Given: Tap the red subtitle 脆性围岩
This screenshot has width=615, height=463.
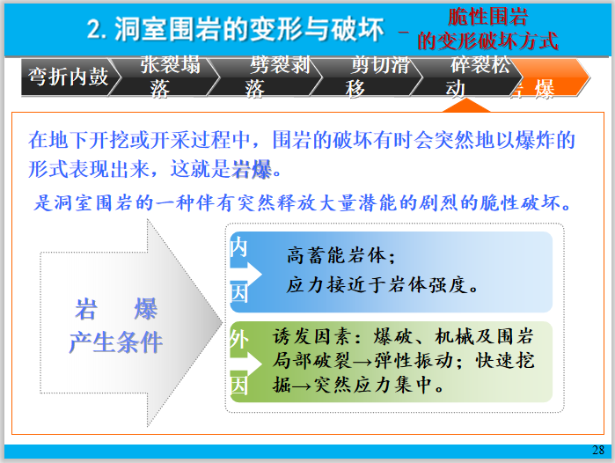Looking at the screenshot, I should point(487,16).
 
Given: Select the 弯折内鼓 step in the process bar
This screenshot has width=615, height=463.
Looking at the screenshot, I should point(68,77).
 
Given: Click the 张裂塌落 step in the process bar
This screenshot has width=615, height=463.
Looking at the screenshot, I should point(170,77).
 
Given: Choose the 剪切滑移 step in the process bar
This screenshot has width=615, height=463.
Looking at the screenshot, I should point(369,77).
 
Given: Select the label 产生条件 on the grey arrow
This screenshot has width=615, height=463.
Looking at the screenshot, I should point(116,342).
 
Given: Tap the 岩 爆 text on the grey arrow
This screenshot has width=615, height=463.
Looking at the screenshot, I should point(116,310).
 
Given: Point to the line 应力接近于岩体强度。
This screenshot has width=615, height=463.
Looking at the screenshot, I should point(382,284).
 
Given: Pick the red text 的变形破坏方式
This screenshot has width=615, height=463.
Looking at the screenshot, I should point(487,40).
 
